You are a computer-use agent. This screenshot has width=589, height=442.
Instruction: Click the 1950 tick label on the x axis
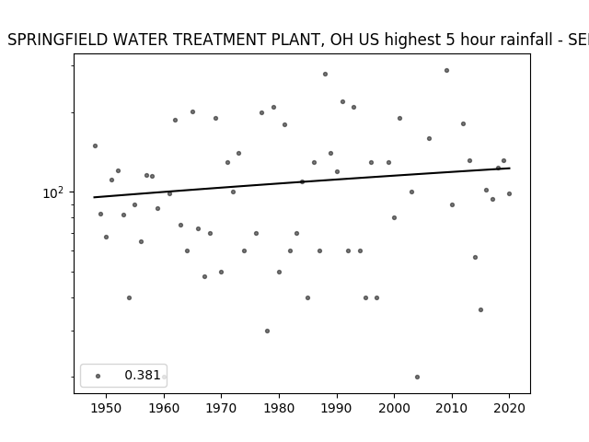[107, 408]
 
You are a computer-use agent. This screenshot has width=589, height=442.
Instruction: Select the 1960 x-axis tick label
[164, 408]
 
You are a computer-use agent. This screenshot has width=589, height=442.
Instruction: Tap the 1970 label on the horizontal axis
[222, 408]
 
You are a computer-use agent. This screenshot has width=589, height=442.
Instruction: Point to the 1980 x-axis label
[279, 408]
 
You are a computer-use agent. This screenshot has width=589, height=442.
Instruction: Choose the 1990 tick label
[337, 408]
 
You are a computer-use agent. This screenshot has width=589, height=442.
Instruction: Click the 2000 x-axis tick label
[395, 408]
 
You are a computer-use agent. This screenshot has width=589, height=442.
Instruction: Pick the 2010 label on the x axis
[452, 408]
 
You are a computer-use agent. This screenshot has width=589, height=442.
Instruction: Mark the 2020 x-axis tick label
[509, 408]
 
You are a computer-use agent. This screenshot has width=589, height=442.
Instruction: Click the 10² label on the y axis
[53, 192]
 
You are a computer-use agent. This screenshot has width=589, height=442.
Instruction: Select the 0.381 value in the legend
[143, 375]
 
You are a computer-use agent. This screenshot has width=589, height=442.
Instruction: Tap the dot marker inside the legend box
[98, 376]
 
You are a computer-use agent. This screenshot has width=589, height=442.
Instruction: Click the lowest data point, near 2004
[417, 377]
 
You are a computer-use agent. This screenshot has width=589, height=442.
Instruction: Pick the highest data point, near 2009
[446, 70]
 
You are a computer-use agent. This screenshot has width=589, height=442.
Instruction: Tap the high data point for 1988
[325, 74]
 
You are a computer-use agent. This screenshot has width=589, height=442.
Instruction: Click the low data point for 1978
[268, 331]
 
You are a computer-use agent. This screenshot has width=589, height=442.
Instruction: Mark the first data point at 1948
[95, 145]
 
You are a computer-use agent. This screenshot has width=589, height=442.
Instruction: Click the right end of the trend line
[510, 168]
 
